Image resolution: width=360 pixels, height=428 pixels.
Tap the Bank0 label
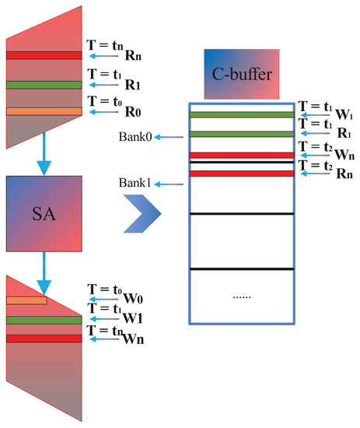point(135,138)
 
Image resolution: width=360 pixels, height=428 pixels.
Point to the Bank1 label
point(135,184)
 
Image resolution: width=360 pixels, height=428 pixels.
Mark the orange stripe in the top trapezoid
point(44,111)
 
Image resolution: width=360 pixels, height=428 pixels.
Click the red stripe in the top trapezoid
point(44,55)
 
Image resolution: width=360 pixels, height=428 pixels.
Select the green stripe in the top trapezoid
point(44,85)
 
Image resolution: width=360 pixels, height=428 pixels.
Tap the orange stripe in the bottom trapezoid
point(26,300)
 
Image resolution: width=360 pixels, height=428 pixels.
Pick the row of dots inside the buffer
point(242,296)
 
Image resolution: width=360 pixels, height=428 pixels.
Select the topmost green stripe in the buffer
point(242,115)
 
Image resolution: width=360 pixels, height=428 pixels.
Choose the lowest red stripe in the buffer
point(242,173)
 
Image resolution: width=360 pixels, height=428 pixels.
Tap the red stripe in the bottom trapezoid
point(44,339)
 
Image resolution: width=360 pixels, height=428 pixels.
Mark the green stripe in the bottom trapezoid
point(44,320)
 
